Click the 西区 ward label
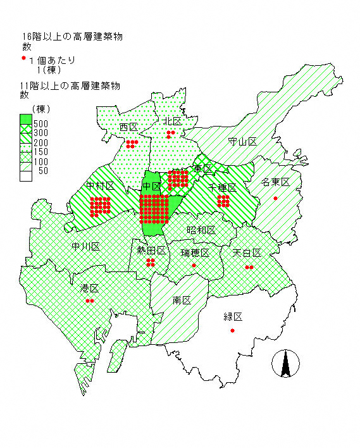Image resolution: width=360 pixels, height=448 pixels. point(128,127)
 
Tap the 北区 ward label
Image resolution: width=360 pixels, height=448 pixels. point(171,120)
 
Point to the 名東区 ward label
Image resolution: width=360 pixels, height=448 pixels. point(275,182)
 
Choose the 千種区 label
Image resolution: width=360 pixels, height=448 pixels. point(223,188)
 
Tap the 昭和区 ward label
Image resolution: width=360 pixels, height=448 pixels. point(201,230)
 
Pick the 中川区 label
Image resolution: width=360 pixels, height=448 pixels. point(85,246)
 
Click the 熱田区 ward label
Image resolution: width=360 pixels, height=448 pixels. point(151,251)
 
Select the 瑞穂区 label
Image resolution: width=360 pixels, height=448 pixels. point(195,253)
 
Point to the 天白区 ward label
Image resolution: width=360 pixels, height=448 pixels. point(247,253)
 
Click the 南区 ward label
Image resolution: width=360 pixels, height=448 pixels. point(182,300)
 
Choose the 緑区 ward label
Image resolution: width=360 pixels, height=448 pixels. point(233,317)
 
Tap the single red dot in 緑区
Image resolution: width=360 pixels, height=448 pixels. point(233,331)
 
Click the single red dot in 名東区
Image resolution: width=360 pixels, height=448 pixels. point(275,199)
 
